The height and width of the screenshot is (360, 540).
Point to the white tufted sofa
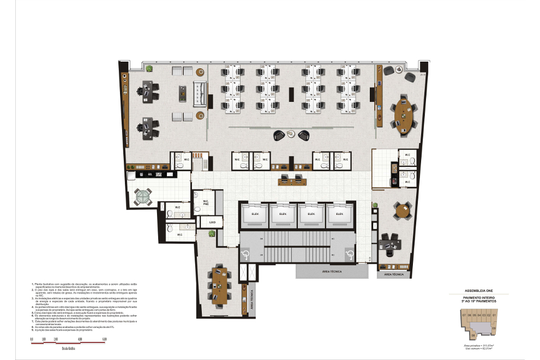point(199,93)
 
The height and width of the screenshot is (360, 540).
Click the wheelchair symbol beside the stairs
point(245,254)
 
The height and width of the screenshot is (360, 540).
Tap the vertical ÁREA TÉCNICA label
point(251,298)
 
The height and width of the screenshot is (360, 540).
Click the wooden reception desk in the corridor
point(291,178)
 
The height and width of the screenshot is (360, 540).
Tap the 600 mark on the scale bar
point(104,339)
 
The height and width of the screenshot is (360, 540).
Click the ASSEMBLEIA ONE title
point(478,291)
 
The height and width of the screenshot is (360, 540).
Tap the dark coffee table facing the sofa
point(181,93)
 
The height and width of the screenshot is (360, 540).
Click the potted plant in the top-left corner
point(148,68)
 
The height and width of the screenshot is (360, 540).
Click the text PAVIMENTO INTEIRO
point(478,297)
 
